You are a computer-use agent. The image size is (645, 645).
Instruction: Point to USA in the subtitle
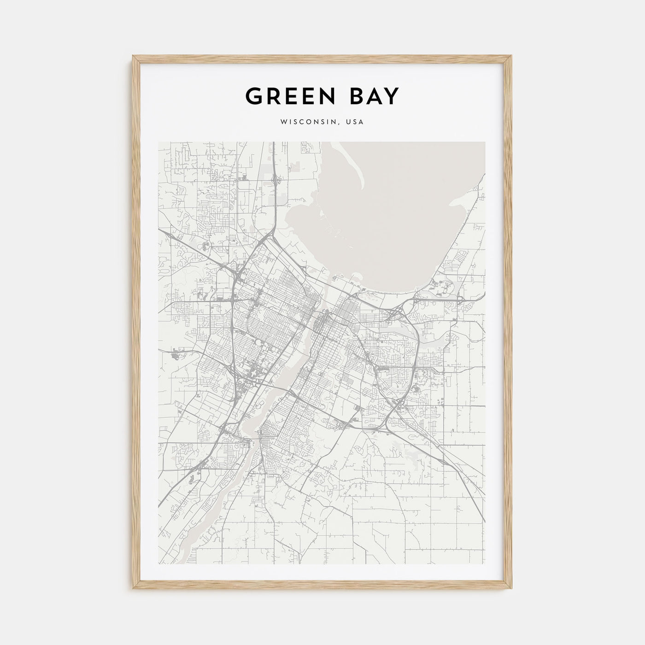pyautogui.click(x=355, y=122)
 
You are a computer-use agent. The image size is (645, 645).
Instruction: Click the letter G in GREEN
pyautogui.click(x=253, y=96)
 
